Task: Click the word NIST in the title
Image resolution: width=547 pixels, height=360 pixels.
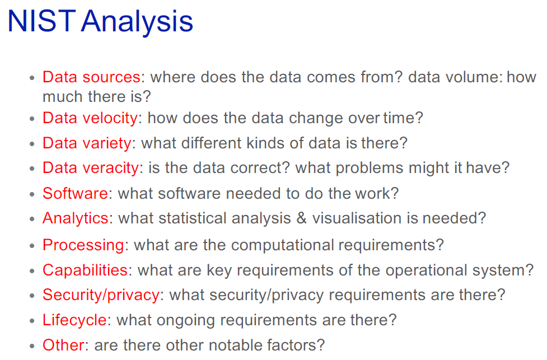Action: pyautogui.click(x=41, y=21)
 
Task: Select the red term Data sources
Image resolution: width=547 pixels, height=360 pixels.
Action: pyautogui.click(x=91, y=77)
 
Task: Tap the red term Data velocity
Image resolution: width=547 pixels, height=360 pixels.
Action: pyautogui.click(x=90, y=119)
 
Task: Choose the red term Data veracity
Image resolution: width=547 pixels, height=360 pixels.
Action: pyautogui.click(x=91, y=169)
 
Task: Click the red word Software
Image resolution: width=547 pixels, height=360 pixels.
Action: pyautogui.click(x=76, y=193)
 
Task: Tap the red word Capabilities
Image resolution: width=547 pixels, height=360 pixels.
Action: pyautogui.click(x=85, y=270)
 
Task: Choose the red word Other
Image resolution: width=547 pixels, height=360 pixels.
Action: pyautogui.click(x=63, y=345)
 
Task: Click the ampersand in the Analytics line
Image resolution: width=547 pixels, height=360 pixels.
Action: pyautogui.click(x=301, y=218)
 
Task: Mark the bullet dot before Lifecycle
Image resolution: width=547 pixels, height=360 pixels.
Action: pyautogui.click(x=32, y=321)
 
